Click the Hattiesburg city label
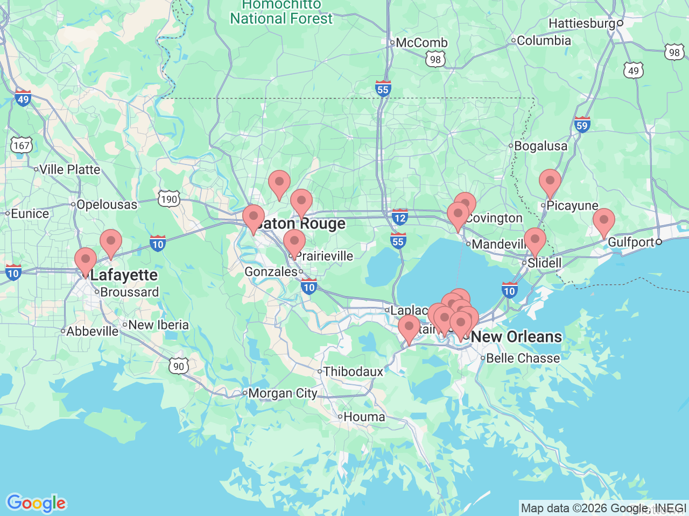(581, 24)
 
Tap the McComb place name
(421, 43)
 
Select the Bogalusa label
(540, 146)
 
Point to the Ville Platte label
(69, 170)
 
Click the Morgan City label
(283, 393)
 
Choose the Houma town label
(364, 417)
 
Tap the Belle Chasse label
(523, 359)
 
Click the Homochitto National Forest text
(282, 12)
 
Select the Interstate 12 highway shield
(399, 217)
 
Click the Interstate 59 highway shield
(582, 125)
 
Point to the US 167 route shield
(22, 145)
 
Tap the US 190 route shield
(168, 199)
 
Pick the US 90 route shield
(179, 367)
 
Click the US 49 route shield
(634, 70)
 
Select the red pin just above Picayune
(550, 183)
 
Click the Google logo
(36, 504)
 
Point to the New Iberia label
(158, 325)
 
